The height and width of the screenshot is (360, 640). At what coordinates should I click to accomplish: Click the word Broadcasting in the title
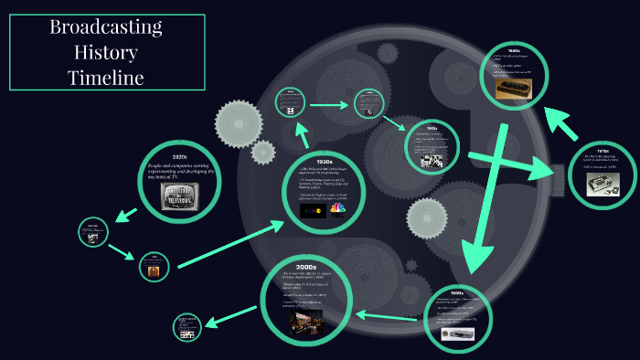click(x=105, y=26)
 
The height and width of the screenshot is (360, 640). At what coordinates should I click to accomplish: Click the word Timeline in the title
click(x=105, y=78)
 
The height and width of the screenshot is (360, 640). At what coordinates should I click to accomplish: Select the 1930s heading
click(x=323, y=163)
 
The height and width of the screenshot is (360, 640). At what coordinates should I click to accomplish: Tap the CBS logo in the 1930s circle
click(x=312, y=210)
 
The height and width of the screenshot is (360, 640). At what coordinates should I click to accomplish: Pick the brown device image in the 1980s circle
click(x=514, y=88)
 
